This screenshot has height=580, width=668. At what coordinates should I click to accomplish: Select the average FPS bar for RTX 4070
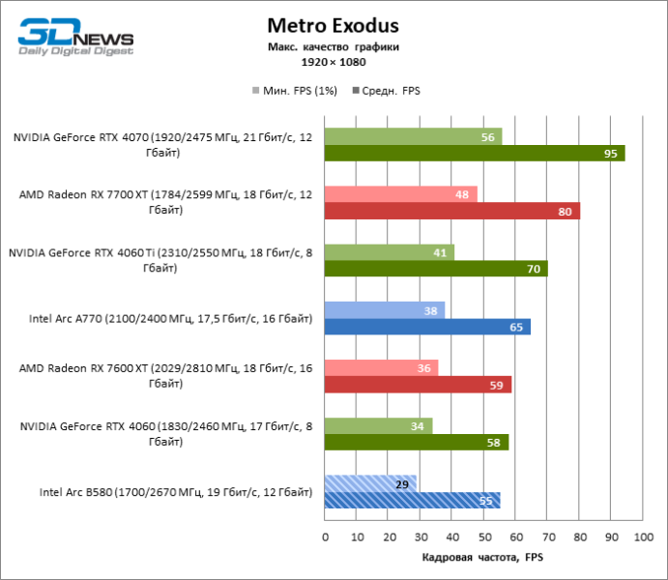pyautogui.click(x=475, y=153)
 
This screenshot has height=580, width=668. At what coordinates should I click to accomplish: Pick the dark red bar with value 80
pyautogui.click(x=451, y=211)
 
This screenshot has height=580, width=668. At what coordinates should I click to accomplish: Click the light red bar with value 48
pyautogui.click(x=400, y=194)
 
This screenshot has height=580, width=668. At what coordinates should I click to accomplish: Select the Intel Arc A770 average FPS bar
pyautogui.click(x=427, y=327)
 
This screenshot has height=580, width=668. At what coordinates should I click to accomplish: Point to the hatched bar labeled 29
pyautogui.click(x=370, y=483)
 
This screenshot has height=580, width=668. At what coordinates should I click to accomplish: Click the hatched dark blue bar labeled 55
pyautogui.click(x=412, y=500)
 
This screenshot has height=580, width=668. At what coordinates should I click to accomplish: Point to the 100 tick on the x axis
pyautogui.click(x=643, y=536)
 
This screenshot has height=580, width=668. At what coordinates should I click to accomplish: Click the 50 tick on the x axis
pyautogui.click(x=484, y=536)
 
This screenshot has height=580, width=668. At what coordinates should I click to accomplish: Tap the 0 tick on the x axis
pyautogui.click(x=325, y=536)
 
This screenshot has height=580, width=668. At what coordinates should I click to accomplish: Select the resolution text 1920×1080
pyautogui.click(x=333, y=62)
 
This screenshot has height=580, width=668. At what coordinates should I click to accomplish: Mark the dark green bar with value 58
pyautogui.click(x=417, y=442)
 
